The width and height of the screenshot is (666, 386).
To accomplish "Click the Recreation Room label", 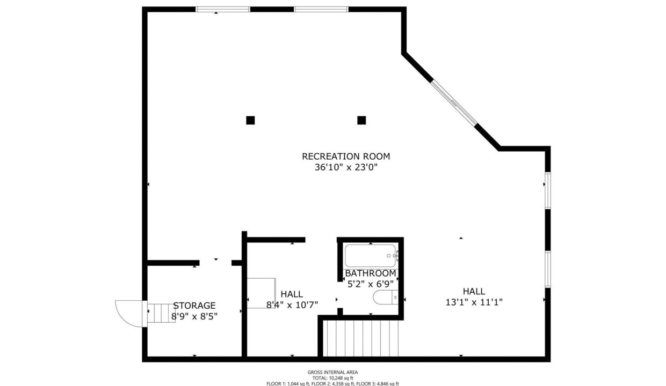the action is [346, 157].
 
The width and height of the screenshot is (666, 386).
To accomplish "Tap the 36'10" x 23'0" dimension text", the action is [346, 168].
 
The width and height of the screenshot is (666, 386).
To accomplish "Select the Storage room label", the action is [194, 305].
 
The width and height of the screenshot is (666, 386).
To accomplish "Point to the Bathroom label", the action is [371, 273].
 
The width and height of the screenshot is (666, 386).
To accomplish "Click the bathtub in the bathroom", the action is [371, 256].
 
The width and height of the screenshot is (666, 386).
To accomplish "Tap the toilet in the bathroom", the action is [386, 297].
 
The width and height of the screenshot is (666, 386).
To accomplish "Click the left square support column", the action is [250, 120].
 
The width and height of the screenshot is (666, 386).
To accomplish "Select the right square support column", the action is [361, 120].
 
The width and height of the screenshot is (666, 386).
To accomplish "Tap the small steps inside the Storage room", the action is [161, 313].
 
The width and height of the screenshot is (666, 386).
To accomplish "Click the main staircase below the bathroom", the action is [360, 338].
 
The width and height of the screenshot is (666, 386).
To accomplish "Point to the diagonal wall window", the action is [454, 102].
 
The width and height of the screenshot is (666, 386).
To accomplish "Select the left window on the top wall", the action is [223, 10].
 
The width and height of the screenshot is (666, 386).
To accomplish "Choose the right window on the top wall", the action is [321, 10].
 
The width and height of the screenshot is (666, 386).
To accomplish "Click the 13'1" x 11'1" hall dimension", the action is [474, 302].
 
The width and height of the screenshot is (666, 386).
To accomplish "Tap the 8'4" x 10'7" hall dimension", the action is [292, 305].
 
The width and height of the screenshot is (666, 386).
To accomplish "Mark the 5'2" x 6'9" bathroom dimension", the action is [371, 284].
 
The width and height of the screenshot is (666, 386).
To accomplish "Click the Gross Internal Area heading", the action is [332, 373].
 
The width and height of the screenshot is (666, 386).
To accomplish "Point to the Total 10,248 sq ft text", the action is [332, 378].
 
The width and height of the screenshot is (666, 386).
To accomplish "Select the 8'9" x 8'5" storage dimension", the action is [194, 316].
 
